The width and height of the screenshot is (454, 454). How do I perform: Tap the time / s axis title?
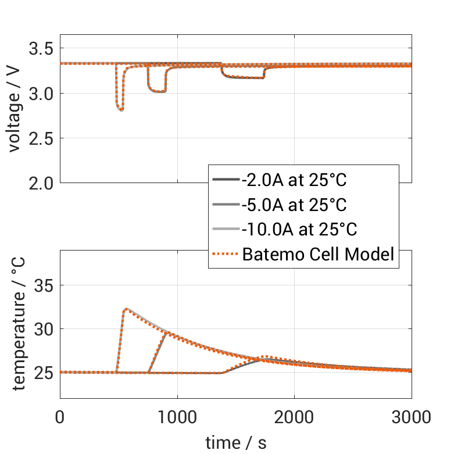[x=236, y=442]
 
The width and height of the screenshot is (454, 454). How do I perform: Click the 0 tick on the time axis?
[x=60, y=417]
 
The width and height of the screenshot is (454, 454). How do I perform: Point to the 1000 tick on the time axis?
[x=177, y=417]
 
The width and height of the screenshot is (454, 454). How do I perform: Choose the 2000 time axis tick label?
[x=294, y=417]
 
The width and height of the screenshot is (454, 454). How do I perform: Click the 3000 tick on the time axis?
[x=411, y=417]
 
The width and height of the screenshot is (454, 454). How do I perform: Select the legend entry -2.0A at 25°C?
[x=294, y=180]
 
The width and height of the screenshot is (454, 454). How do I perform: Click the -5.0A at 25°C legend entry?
[x=294, y=205]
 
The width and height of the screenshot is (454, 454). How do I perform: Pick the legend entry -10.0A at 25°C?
[x=298, y=230]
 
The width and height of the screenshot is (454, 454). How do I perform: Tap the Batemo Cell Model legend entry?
[x=319, y=254]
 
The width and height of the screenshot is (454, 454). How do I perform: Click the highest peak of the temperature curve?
[x=126, y=309]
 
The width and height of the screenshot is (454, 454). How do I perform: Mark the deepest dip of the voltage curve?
[x=121, y=110]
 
